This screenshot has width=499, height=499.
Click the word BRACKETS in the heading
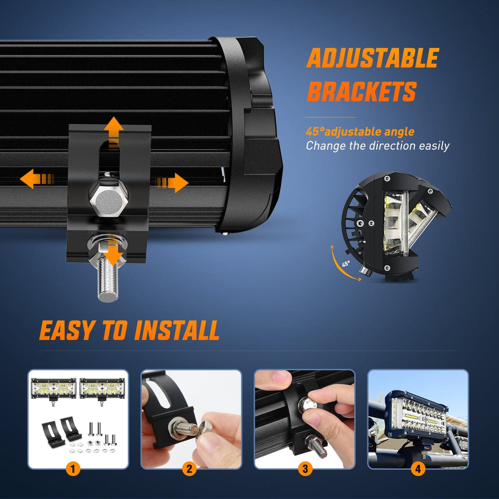pos(361,91)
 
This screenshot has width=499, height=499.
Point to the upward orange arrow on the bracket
pos(113,133)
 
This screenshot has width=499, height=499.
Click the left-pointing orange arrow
pos(37,179)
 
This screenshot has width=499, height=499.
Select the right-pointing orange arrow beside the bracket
pos(171,183)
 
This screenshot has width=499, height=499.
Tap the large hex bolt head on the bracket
pos(108,199)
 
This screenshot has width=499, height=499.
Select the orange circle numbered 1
pos(73,469)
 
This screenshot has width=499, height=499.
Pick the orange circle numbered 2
pos(189,469)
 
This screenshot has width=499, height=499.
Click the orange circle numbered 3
pos(305,469)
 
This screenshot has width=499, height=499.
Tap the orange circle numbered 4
pos(418,469)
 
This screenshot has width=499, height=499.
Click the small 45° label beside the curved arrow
pos(346,263)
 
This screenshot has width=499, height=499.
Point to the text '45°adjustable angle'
pos(360,132)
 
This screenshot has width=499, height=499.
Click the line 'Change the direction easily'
pos(378,146)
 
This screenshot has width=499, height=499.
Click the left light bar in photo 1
pos(53,389)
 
